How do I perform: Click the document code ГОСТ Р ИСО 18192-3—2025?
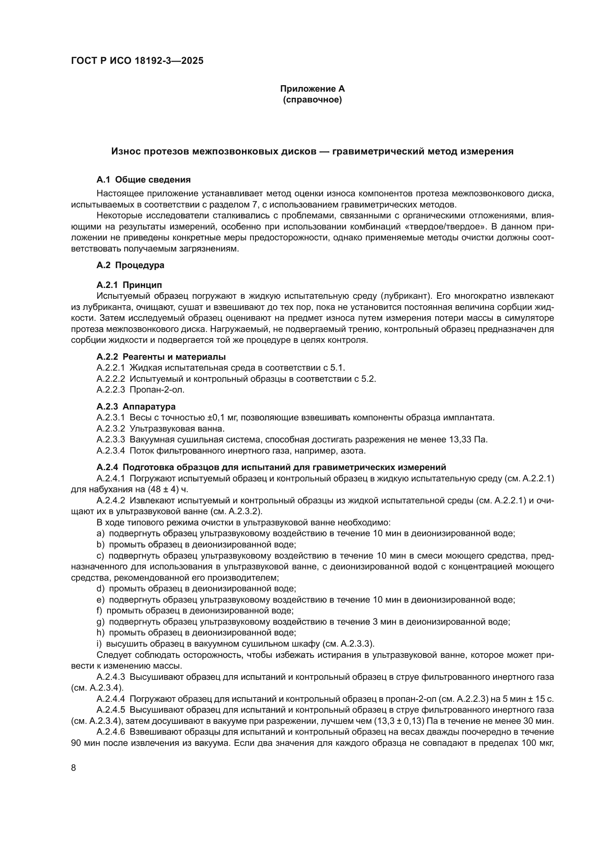tap(137, 61)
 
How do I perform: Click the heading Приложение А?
tap(312, 89)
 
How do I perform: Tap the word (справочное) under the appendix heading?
tap(312, 100)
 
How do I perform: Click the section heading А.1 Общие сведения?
tap(143, 180)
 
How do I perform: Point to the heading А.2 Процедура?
tap(130, 265)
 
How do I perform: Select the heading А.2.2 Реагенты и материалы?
tap(161, 357)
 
